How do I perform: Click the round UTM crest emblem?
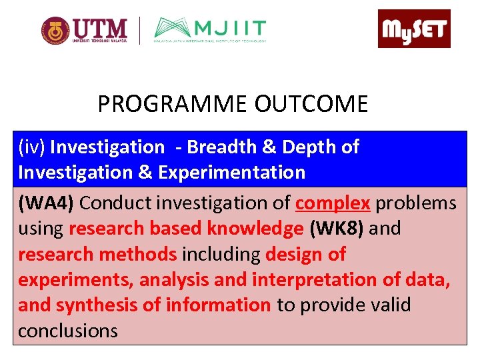(55, 31)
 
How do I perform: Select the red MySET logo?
(414, 29)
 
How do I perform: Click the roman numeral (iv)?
(31, 147)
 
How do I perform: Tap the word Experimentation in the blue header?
(232, 173)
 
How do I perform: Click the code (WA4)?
(45, 203)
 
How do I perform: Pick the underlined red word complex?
(333, 203)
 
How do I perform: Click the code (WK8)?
(337, 229)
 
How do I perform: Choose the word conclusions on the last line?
(68, 331)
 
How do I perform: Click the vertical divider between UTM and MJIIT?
(140, 31)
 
